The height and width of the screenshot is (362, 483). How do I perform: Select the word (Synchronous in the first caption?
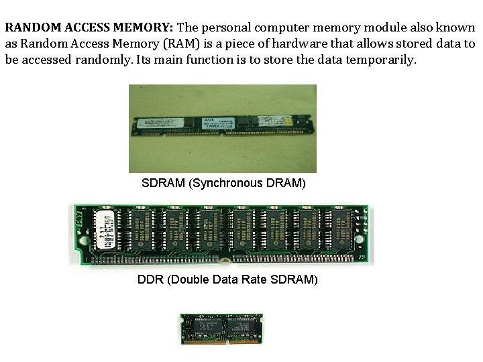[x=225, y=182]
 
